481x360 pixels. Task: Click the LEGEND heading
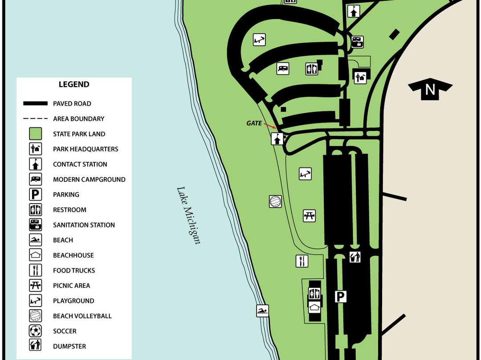click(x=74, y=84)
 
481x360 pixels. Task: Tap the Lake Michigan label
click(x=188, y=215)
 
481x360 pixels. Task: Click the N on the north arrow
click(x=430, y=90)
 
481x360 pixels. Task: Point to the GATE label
click(x=254, y=123)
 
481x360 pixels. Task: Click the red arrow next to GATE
click(x=269, y=126)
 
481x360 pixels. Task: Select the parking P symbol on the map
click(x=341, y=296)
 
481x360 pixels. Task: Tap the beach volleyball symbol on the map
click(x=275, y=201)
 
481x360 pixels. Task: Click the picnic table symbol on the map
click(x=310, y=216)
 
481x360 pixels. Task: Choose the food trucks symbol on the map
click(x=302, y=261)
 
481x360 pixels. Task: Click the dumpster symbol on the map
click(x=355, y=257)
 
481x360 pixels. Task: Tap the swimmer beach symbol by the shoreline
click(x=262, y=311)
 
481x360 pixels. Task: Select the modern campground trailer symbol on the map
click(x=283, y=68)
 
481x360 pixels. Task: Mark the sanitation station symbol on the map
click(x=357, y=42)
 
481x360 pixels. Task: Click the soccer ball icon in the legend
click(x=36, y=331)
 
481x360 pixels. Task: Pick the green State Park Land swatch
click(x=36, y=134)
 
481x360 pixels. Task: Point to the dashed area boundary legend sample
click(x=36, y=119)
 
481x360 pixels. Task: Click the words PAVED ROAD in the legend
click(x=72, y=103)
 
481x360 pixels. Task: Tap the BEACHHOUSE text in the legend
click(x=73, y=255)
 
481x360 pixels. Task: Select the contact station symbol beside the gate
click(x=277, y=139)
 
